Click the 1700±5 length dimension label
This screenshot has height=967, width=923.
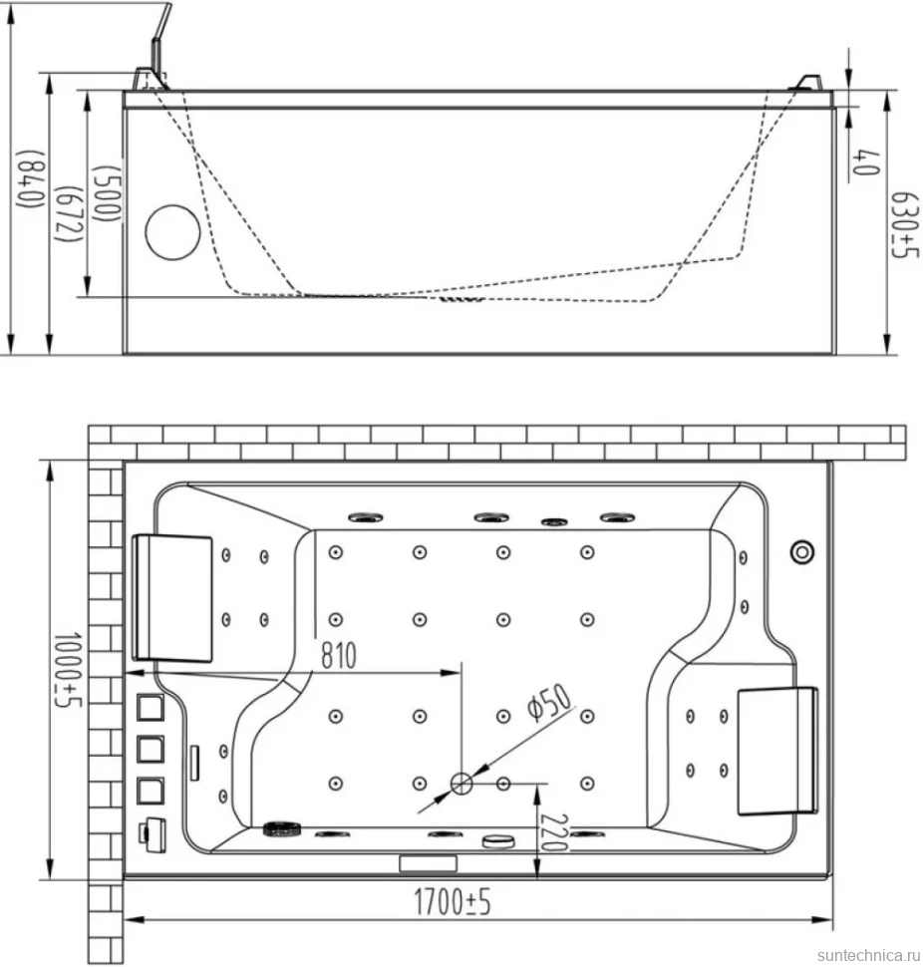point(452,901)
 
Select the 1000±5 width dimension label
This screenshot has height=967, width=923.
point(68,669)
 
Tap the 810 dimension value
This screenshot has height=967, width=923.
point(339,655)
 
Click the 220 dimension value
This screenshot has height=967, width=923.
point(553,832)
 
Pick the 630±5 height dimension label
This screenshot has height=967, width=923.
point(905,225)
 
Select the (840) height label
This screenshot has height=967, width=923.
point(31,178)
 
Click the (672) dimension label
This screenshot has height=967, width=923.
point(70,214)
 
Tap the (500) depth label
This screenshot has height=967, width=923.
point(107,192)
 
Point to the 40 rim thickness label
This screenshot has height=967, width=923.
point(865,161)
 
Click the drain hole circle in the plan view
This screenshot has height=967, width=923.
point(461,784)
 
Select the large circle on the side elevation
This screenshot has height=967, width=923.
point(172,232)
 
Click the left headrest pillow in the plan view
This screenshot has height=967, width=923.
point(172,598)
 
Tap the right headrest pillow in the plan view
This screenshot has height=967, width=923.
point(777,751)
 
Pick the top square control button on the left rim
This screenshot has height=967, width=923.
point(150,708)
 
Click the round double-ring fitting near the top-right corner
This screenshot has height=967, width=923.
point(802,551)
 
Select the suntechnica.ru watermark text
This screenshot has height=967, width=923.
point(868,955)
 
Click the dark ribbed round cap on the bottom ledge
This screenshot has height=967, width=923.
point(280,828)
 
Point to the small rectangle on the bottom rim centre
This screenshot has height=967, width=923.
point(428,862)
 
